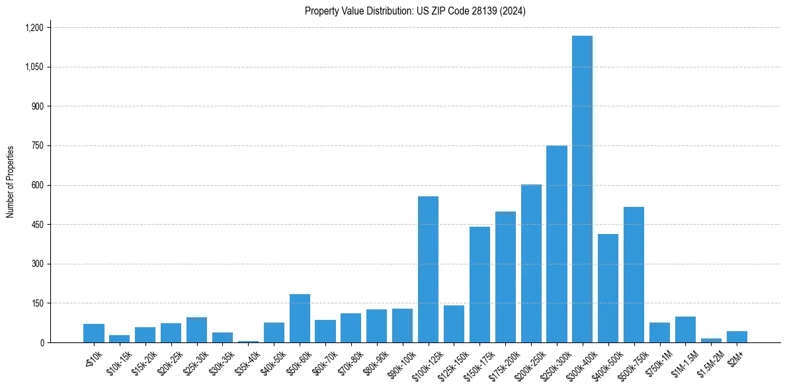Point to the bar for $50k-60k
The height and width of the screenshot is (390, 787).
(300, 318)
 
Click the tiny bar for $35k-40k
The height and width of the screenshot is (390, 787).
(248, 342)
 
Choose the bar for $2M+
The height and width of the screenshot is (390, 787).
(737, 337)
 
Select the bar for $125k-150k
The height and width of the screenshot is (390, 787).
(454, 324)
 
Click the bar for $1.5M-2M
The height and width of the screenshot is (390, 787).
(711, 340)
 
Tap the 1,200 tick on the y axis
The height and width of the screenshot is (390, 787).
(34, 28)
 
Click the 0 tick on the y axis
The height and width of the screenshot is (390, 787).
(42, 342)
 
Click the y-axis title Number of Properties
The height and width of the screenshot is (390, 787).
(10, 182)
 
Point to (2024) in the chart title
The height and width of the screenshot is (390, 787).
(513, 11)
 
